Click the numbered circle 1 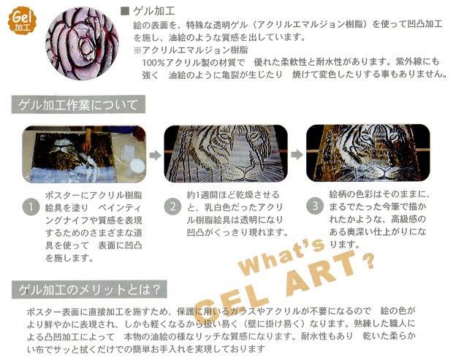29,207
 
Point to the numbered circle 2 172,207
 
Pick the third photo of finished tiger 365,155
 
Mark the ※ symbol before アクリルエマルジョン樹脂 136,50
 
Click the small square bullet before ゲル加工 123,10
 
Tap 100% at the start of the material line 156,64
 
